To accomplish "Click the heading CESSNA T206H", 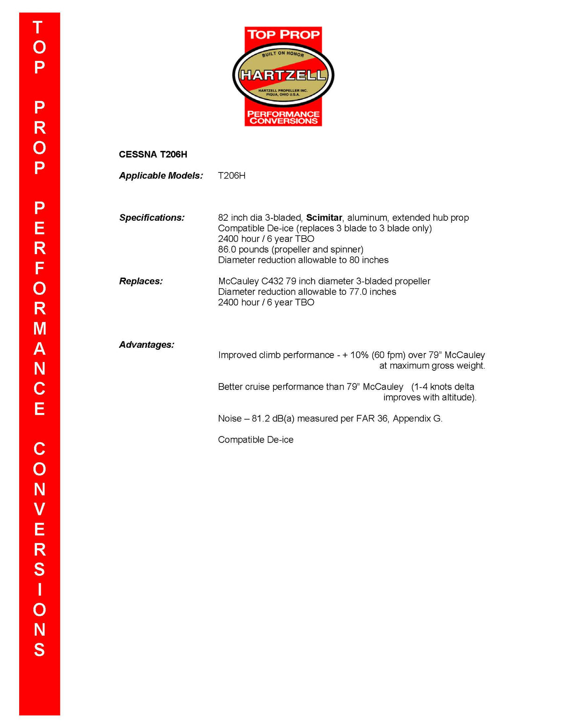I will click(153, 155).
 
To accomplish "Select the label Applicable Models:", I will click(161, 176).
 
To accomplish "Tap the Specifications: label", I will click(152, 218).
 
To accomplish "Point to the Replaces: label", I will click(140, 281).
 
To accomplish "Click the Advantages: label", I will click(146, 345).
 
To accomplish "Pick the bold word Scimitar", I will click(324, 218).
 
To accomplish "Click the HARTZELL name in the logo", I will click(283, 75).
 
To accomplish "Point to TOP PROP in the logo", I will click(283, 35).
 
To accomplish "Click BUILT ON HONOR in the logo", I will click(283, 54).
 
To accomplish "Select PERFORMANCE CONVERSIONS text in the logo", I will click(283, 118).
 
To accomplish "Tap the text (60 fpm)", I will click(388, 355).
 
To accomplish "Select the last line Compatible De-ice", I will click(256, 440).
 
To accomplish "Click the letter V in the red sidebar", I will click(39, 510).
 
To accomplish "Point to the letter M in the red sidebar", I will click(39, 329).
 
